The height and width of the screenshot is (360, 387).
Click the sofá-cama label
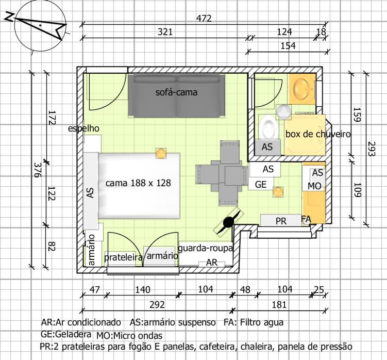pos(176,92)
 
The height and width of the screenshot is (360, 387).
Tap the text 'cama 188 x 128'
pos(138,183)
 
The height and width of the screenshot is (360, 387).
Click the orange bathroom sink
pos(302,89)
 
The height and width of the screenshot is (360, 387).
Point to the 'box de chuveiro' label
pos(318,134)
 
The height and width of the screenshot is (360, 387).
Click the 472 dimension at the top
pos(204,18)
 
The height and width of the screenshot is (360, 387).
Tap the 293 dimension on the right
pos(371,149)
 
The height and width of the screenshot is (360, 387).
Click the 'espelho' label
pos(83,128)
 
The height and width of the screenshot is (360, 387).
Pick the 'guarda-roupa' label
pos(205,248)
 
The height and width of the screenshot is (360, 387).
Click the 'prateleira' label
pos(123,257)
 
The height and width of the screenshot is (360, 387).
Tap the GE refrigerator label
pos(261,184)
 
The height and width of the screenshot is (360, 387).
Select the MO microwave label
pos(314,186)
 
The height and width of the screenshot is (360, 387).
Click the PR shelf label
pos(281,221)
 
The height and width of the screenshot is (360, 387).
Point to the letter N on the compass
pos(9,17)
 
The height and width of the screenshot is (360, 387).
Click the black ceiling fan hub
pos(228,222)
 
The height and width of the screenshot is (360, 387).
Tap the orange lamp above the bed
pos(161,154)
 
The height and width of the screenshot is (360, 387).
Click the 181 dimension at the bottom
pos(279,305)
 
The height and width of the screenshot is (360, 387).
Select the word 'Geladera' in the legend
pos(73,334)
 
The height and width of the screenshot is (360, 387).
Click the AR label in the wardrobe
pos(212,263)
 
